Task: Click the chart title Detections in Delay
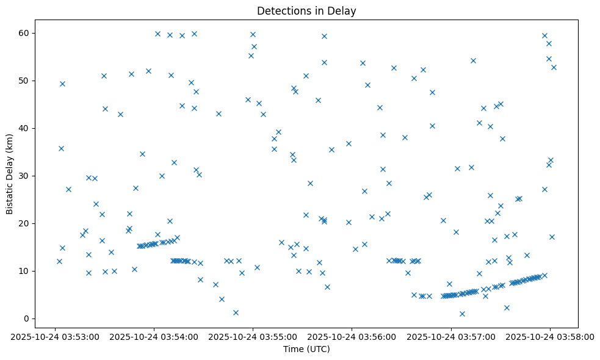pyautogui.click(x=306, y=10)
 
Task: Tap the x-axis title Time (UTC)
pyautogui.click(x=306, y=349)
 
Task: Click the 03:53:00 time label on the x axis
pyautogui.click(x=55, y=336)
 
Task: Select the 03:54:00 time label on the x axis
pyautogui.click(x=154, y=336)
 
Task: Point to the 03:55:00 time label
pyautogui.click(x=253, y=336)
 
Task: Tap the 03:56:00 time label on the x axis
pyautogui.click(x=352, y=336)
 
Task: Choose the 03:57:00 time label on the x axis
pyautogui.click(x=450, y=336)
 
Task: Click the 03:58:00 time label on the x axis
pyautogui.click(x=549, y=336)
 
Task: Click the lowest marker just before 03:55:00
pyautogui.click(x=236, y=312)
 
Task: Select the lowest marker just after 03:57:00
pyautogui.click(x=462, y=314)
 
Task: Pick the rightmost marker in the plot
pyautogui.click(x=554, y=67)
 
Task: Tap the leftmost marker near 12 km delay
pyautogui.click(x=59, y=261)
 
